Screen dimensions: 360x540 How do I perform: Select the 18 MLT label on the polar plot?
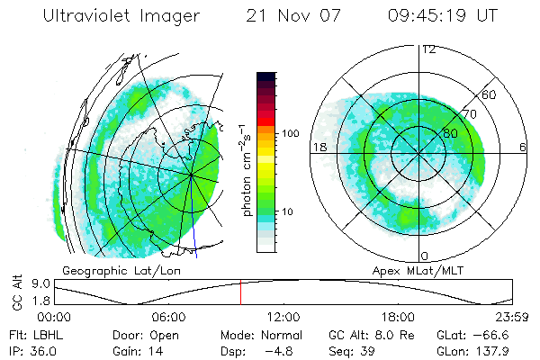[319, 147]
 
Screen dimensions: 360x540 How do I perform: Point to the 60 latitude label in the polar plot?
[490, 94]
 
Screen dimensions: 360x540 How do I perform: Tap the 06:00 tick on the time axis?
[168, 317]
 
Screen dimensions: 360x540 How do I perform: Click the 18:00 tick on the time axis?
[398, 317]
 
